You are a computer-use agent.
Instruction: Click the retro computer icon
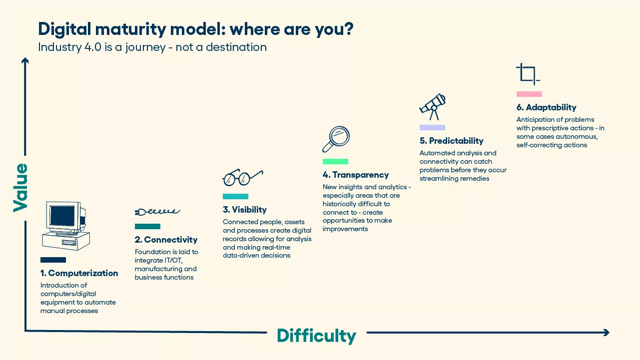66,226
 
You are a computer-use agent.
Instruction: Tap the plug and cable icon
157,212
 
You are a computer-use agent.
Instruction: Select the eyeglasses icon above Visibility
243,178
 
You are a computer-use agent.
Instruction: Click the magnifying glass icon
336,139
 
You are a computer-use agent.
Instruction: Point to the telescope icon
433,107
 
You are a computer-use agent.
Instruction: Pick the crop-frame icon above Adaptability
528,74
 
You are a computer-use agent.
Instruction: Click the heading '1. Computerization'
79,273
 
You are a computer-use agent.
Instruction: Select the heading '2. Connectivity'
166,240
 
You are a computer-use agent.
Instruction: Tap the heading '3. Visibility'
245,210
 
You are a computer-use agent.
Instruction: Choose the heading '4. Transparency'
356,175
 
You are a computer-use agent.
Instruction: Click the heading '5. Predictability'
452,141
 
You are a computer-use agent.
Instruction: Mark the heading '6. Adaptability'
546,107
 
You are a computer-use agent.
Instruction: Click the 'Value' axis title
20,188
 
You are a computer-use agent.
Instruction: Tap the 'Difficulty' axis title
317,336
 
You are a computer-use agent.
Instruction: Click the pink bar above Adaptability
529,94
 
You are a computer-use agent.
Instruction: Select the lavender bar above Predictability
432,128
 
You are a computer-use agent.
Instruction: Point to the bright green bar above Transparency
335,162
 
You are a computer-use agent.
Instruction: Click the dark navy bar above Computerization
53,260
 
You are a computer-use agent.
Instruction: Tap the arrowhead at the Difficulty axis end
607,333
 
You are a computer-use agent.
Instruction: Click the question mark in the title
348,29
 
